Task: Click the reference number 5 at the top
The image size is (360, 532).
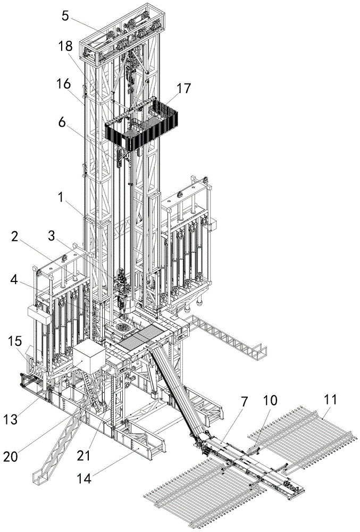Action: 65,15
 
